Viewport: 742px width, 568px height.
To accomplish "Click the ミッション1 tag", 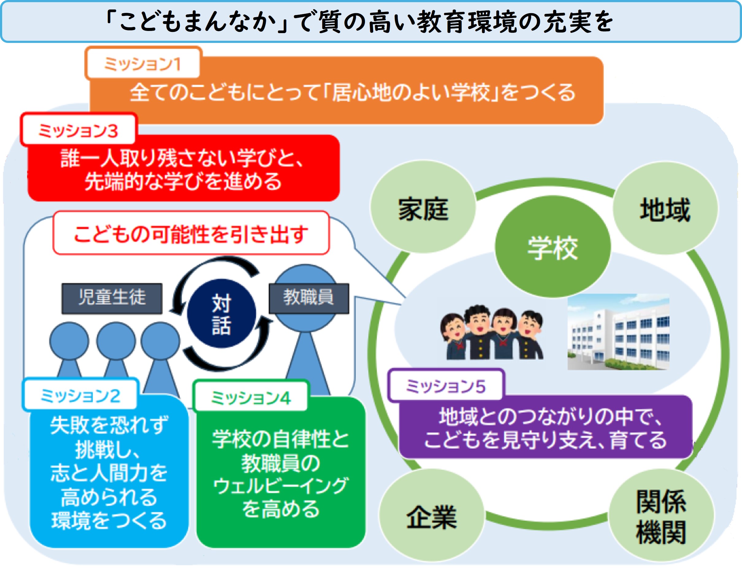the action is (143, 63).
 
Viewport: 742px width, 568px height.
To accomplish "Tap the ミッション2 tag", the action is (80, 395).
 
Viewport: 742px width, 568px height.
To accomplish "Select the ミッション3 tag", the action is (78, 130).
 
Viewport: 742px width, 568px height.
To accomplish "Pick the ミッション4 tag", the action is (251, 397).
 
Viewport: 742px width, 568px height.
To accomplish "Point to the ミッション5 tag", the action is (446, 386).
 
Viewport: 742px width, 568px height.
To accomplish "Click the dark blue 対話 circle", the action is (221, 313).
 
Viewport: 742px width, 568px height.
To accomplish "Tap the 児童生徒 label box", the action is (112, 298).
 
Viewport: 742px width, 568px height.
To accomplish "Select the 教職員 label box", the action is (309, 298).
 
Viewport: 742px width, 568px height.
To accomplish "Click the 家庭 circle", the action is (423, 207).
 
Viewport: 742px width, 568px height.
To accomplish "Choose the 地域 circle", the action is (665, 208).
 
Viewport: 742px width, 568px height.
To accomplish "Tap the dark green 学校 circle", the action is (553, 247).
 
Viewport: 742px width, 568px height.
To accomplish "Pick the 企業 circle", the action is (431, 516).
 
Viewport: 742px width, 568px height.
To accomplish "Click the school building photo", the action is (618, 332).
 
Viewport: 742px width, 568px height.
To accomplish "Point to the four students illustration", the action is (492, 332).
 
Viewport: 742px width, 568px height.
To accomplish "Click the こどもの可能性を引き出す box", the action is (191, 233).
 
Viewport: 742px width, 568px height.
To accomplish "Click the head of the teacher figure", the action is (306, 298).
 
